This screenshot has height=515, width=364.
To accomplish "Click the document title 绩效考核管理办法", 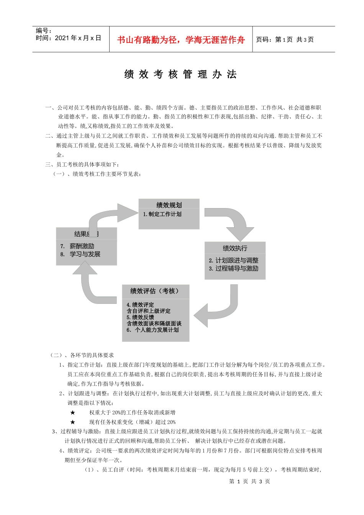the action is pyautogui.click(x=180, y=74).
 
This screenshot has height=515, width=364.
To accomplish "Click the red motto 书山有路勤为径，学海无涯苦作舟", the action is pyautogui.click(x=181, y=40).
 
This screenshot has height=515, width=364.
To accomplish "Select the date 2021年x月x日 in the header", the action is pyautogui.click(x=78, y=38).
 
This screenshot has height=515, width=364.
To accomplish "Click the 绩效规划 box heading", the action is pyautogui.click(x=169, y=205).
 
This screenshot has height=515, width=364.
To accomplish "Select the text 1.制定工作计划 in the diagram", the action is pyautogui.click(x=162, y=214).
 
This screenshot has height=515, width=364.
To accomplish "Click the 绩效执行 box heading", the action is pyautogui.click(x=235, y=248).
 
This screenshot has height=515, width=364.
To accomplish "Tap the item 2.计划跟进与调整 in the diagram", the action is pyautogui.click(x=234, y=260).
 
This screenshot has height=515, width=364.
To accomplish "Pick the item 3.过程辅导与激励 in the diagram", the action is pyautogui.click(x=234, y=268).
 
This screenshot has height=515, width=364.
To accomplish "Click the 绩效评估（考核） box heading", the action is pyautogui.click(x=155, y=291).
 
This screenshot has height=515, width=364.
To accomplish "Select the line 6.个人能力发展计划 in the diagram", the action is pyautogui.click(x=153, y=330).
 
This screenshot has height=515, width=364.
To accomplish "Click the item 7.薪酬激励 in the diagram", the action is pyautogui.click(x=78, y=246).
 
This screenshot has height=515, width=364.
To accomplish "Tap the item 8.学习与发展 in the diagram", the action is pyautogui.click(x=80, y=254).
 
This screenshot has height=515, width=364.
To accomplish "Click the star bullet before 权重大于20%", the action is pyautogui.click(x=73, y=412).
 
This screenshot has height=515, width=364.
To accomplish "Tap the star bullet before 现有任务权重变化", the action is pyautogui.click(x=73, y=422).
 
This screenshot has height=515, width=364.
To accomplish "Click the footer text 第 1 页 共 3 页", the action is pyautogui.click(x=249, y=481).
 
